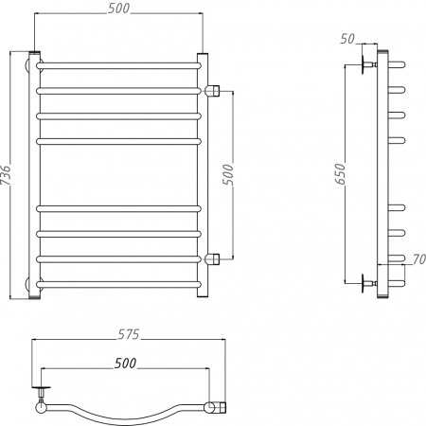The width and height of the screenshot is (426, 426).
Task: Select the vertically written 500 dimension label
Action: [227, 173]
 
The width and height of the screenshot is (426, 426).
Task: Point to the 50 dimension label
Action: [347, 38]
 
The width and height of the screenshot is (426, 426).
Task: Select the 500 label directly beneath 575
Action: [125, 363]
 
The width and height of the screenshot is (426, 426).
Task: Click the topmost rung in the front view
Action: [118, 65]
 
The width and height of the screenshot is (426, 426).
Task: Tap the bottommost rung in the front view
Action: [118, 282]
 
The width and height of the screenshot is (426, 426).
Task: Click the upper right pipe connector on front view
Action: [214, 90]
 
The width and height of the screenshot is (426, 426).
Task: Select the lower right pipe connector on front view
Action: [214, 257]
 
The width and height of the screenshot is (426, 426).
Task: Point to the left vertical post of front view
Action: [36, 175]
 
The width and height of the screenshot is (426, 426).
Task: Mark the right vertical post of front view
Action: [202, 175]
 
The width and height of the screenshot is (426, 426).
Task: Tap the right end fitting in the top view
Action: [219, 408]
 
